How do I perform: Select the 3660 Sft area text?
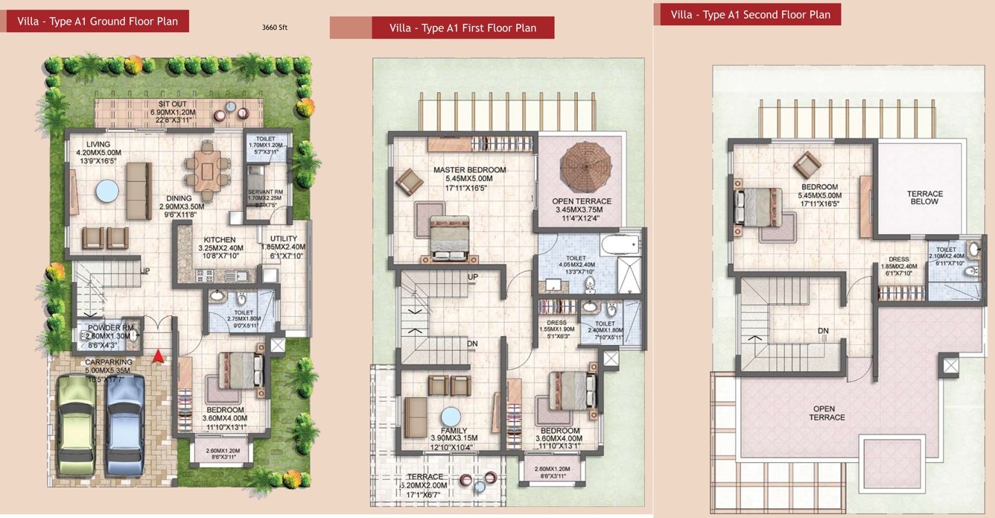click(x=274, y=28)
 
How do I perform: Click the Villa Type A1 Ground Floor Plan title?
click(x=97, y=22)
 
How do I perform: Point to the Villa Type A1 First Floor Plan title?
click(x=462, y=28)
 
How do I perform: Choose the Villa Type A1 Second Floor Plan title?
click(x=750, y=15)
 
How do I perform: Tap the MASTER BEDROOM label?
click(x=469, y=170)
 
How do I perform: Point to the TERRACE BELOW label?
click(x=924, y=198)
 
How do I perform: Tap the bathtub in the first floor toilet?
click(x=620, y=244)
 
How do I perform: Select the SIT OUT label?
click(x=172, y=104)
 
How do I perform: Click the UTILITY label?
click(x=283, y=239)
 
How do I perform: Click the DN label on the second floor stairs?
click(x=823, y=330)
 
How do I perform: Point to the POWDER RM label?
click(x=109, y=328)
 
